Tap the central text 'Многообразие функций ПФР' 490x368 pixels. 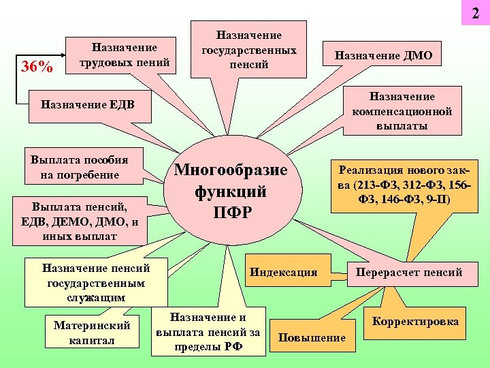(231, 191)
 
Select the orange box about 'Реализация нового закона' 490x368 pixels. (401, 183)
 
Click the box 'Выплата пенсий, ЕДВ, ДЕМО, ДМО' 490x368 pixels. (80, 219)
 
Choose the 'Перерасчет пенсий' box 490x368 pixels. (408, 273)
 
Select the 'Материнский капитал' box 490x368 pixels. (91, 332)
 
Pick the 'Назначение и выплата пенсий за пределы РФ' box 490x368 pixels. (208, 332)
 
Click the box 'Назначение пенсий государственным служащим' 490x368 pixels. (96, 280)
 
